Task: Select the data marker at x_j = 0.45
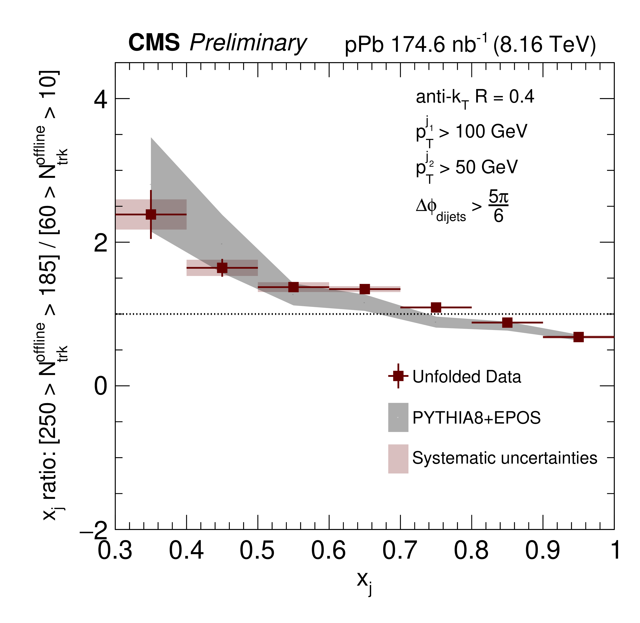click(222, 268)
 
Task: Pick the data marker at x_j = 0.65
click(365, 289)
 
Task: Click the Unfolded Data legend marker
click(398, 376)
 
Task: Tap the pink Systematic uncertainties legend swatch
click(398, 459)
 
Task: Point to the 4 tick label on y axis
click(101, 100)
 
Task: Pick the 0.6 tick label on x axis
click(328, 551)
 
